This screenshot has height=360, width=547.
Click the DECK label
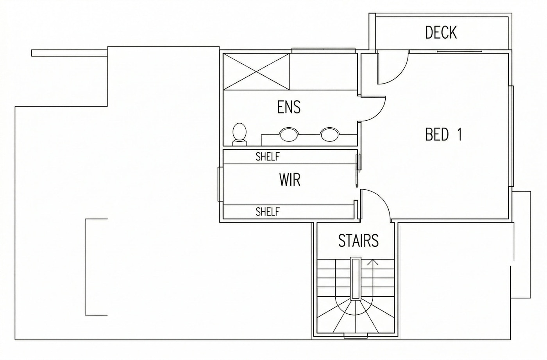pos(441,32)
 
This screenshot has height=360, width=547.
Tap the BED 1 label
pos(443,134)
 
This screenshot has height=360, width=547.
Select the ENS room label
pos(289,107)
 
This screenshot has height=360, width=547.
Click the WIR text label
pos(290,180)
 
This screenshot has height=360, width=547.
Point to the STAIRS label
pos(359,241)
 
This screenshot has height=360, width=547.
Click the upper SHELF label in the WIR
pos(267,157)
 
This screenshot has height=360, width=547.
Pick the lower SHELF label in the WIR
pos(267,212)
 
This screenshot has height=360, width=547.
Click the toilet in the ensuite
pos(239,134)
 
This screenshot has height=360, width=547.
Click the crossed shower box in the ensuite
pos(256,72)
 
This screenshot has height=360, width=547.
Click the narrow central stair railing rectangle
pos(355,282)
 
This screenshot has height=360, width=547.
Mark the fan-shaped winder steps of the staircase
pos(355,317)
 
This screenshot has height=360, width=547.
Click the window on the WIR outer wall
pos(220,184)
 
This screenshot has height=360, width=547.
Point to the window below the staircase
pos(356,336)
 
